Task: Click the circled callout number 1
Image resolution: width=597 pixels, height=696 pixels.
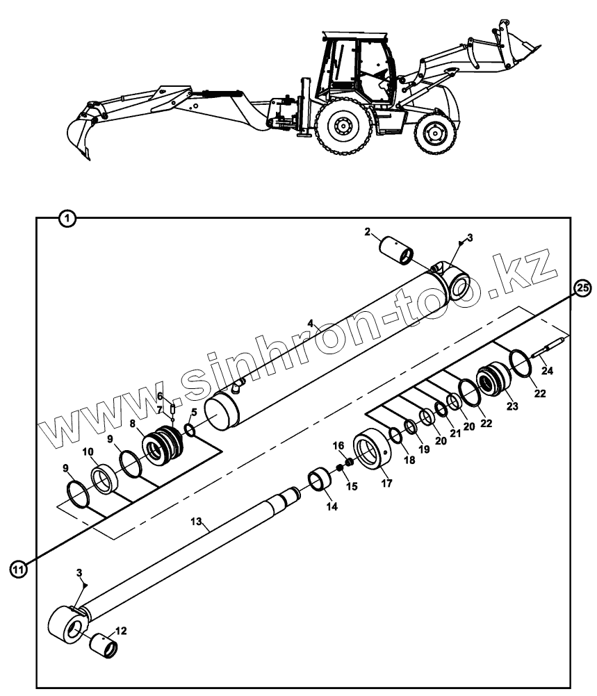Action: click(67, 218)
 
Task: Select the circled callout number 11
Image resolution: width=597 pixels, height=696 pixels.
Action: click(19, 569)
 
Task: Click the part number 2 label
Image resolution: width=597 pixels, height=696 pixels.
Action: click(368, 231)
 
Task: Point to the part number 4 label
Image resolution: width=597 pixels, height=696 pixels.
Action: click(312, 324)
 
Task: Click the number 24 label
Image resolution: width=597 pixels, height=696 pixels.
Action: click(548, 371)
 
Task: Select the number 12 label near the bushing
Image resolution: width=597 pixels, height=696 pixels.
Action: click(121, 631)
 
